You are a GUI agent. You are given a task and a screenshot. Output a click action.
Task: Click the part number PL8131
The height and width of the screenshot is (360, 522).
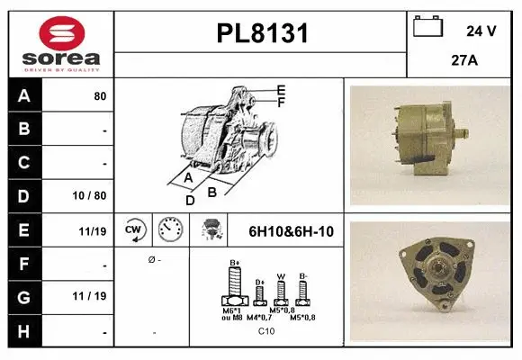[262, 34]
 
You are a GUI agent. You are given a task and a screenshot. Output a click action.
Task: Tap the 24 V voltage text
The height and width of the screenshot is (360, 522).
[481, 31]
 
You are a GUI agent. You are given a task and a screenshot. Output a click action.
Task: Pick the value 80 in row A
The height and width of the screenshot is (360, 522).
[100, 95]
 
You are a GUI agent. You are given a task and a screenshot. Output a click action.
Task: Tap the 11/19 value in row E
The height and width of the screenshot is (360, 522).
[93, 231]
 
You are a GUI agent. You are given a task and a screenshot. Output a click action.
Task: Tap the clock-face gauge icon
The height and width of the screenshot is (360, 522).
[170, 230]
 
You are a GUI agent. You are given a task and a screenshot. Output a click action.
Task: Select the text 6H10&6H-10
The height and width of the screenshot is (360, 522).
[291, 231]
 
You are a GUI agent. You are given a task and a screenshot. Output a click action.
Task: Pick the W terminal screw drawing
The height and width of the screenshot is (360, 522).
[281, 291]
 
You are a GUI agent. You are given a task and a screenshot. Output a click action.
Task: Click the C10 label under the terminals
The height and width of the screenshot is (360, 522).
[267, 331]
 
